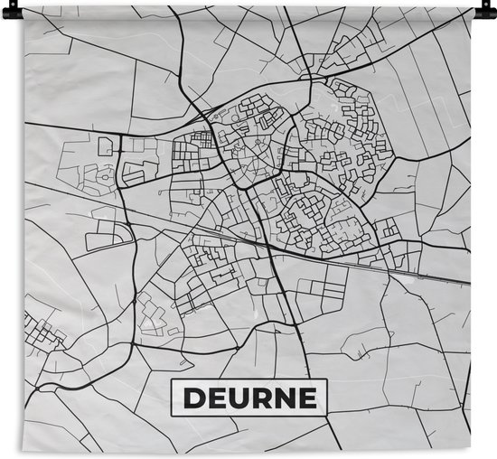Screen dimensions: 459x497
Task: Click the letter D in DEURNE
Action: [x=192, y=398]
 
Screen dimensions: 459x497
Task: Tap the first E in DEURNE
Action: [x=215, y=398]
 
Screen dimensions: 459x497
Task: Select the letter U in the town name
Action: [x=237, y=398]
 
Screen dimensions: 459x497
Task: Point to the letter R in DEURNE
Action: [x=260, y=398]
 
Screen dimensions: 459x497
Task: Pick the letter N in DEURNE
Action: [x=284, y=398]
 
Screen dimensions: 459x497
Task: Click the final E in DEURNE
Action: [x=306, y=398]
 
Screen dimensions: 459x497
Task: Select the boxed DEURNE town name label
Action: [x=248, y=398]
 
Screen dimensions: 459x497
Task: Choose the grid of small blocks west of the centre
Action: [x=194, y=145]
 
